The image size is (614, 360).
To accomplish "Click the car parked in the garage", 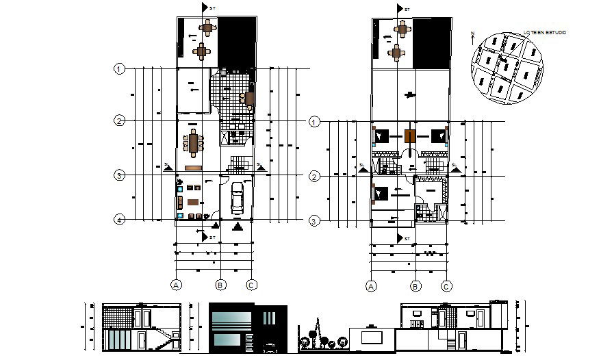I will [237, 198].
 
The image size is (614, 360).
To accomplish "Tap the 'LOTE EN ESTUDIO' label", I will [544, 33].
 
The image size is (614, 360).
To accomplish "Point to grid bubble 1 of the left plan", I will [119, 68].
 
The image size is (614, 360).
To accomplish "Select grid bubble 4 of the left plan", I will [119, 220].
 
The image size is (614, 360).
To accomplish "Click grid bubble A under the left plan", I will [176, 285].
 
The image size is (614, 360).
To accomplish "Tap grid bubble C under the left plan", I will [251, 285].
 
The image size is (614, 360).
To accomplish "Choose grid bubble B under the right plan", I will [415, 287].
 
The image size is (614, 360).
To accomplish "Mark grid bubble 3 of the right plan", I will [315, 221].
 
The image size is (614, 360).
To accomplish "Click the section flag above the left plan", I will [205, 8].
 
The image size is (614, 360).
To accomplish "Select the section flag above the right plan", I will [399, 9].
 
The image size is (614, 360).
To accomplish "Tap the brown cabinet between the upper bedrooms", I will [410, 136].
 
